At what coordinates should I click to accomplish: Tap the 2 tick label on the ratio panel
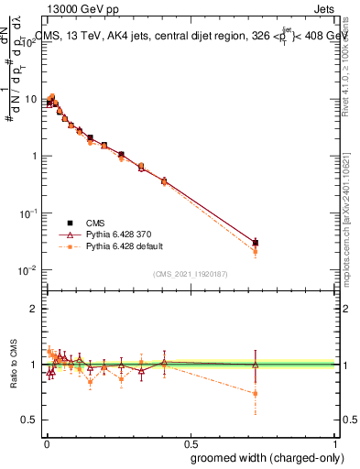coord(36,309)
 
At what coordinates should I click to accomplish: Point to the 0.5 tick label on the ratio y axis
coord(31,420)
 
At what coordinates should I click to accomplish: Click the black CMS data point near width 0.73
coord(256,243)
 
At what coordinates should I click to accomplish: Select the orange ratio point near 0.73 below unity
coord(256,393)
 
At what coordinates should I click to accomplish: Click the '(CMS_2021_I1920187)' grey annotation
coord(191,273)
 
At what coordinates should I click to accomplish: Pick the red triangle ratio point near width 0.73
coord(256,365)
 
